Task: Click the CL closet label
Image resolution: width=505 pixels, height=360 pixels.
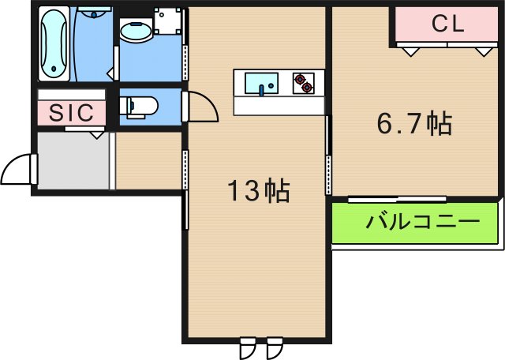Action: point(447,24)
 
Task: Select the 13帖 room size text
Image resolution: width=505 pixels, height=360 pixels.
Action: point(257,190)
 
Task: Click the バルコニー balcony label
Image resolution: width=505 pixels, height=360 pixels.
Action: point(422,221)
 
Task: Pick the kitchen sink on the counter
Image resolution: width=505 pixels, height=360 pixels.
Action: point(260,83)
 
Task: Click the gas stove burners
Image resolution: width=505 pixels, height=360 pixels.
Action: point(303,83)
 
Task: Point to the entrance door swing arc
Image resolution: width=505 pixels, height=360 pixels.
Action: point(17,167)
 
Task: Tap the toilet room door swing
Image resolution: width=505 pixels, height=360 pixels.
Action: point(202,107)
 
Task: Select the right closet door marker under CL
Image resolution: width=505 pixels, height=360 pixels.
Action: point(482,51)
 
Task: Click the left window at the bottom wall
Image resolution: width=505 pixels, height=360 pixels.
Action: point(248,347)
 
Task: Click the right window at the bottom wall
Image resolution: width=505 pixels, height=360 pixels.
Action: point(274,347)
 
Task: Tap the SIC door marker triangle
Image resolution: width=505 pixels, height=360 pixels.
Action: point(96,134)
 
